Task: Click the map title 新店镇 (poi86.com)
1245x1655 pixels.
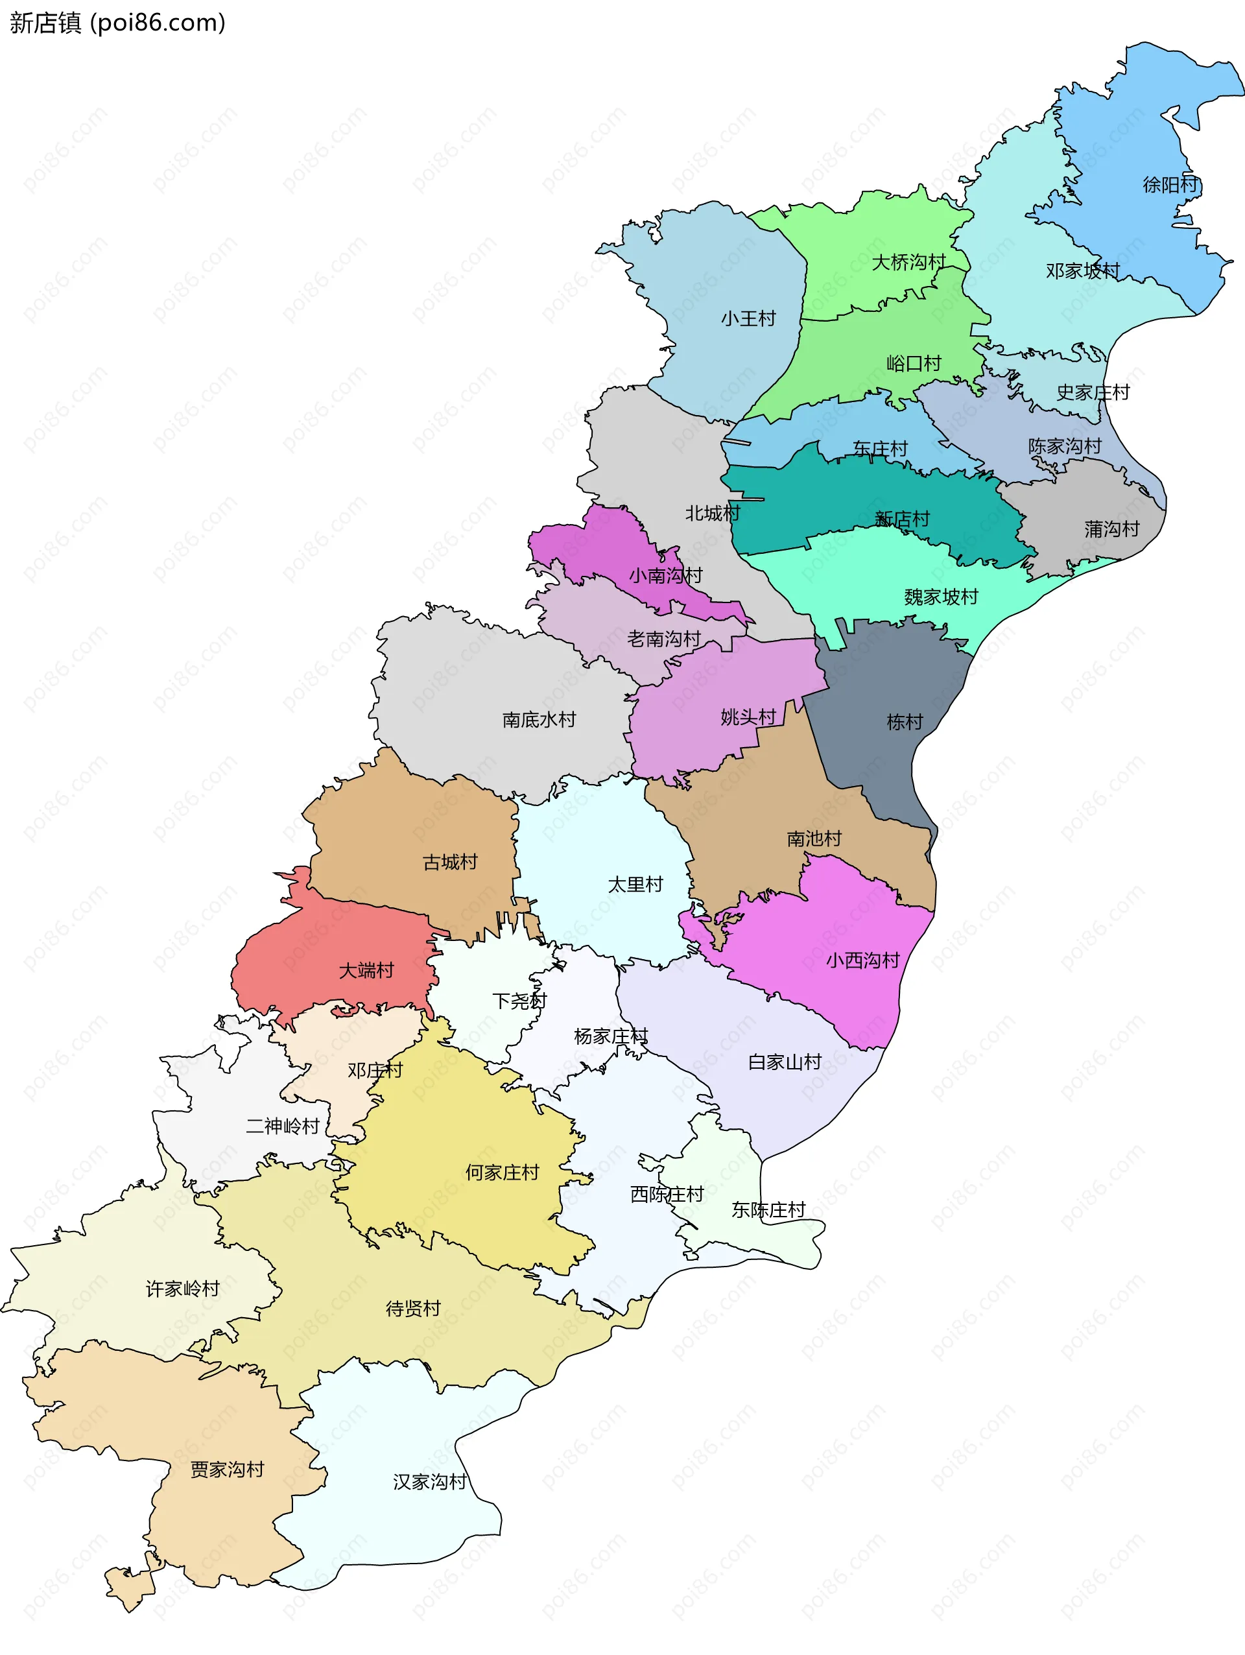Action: [117, 23]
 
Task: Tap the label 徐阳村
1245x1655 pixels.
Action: [1170, 185]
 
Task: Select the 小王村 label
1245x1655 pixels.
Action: [748, 318]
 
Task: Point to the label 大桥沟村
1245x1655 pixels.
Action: [908, 263]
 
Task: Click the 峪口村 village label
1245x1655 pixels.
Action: [914, 364]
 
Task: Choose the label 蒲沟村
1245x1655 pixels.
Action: [1112, 530]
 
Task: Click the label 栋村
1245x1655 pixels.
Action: [905, 722]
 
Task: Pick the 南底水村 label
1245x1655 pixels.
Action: [539, 720]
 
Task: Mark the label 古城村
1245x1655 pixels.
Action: [449, 863]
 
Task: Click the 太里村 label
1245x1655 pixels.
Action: [635, 885]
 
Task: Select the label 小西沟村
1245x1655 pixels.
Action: [862, 960]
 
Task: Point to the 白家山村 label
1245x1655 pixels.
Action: [785, 1062]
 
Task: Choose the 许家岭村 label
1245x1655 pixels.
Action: [183, 1289]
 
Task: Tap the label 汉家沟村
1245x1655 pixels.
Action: [430, 1482]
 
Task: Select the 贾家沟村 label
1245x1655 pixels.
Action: [228, 1470]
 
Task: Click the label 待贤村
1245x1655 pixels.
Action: [413, 1309]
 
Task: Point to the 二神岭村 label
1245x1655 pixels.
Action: [283, 1126]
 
